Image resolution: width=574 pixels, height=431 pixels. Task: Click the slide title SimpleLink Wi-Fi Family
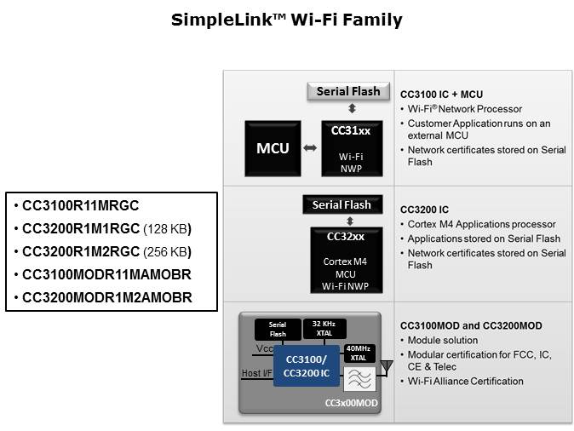click(286, 20)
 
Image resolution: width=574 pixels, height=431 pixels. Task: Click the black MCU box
click(273, 148)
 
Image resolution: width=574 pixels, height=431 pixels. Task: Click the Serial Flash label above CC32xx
click(341, 204)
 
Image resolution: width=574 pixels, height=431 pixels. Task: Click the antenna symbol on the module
click(387, 367)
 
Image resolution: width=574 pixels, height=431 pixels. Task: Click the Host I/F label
click(257, 372)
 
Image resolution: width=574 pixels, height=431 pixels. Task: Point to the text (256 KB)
click(168, 252)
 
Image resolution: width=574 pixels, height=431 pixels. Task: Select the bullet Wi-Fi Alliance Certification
click(465, 381)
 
